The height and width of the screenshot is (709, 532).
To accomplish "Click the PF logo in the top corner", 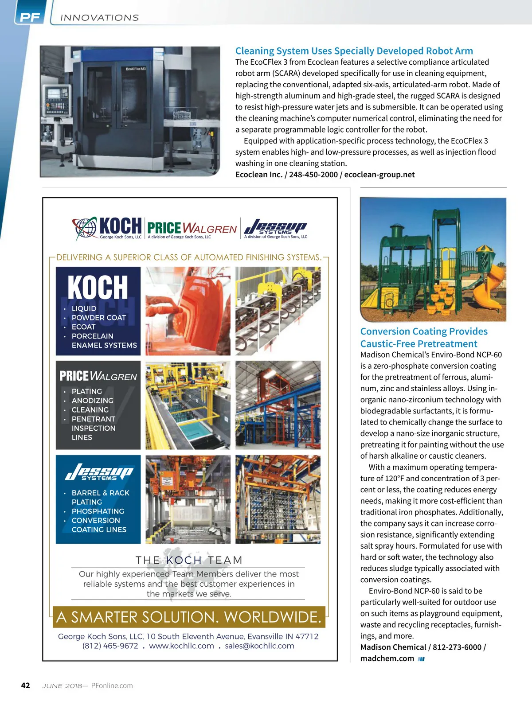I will point(30,17).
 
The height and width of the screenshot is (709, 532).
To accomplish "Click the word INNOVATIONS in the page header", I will point(100,18).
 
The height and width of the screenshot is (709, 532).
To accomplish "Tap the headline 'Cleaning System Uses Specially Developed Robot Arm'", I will point(354,51).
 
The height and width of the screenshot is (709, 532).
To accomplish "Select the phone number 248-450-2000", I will point(313,175).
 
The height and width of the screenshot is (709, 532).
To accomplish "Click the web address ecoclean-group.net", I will point(379,175).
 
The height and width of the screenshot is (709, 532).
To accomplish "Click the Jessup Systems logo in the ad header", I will point(275,228).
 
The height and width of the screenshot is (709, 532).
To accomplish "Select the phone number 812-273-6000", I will point(457,647).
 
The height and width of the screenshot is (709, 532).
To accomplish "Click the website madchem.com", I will point(387,658).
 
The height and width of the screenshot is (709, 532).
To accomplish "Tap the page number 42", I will point(26,686).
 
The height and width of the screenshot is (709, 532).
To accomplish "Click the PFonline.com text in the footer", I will point(112,686).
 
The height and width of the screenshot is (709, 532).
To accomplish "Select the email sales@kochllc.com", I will point(259,646).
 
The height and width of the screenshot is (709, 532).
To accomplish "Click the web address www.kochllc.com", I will point(181,646).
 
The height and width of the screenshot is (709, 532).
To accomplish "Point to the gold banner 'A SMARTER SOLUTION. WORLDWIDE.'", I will point(189,617).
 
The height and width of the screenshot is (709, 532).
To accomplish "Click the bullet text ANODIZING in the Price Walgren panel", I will point(92,401).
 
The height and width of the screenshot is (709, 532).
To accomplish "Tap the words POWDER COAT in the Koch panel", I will point(98,318).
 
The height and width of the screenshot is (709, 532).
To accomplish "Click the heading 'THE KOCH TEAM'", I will point(189,560).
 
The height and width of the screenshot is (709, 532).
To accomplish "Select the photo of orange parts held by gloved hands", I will point(188,311).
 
